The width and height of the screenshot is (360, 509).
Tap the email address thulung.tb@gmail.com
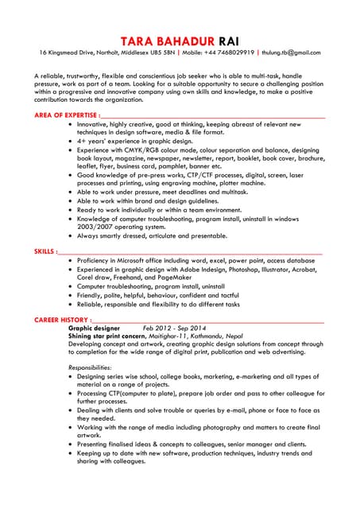click(x=292, y=52)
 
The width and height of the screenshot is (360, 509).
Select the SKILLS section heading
click(x=45, y=251)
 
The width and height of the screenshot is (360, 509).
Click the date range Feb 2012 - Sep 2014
click(x=174, y=328)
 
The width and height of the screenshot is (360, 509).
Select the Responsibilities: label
click(x=90, y=367)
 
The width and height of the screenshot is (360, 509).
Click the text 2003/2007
click(x=95, y=227)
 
